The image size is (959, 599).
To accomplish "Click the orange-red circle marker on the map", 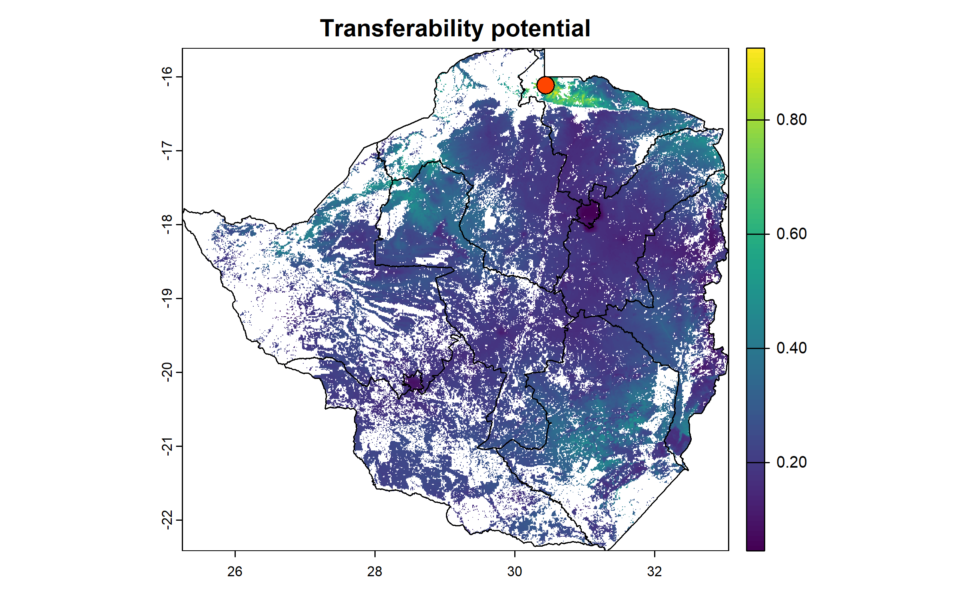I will coord(545,85).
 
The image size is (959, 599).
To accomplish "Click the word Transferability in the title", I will coord(402,29).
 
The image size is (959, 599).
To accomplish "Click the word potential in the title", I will coord(541,29).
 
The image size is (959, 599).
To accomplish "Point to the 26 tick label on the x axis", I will coord(235,571).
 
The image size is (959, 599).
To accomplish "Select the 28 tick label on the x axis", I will coord(375,571).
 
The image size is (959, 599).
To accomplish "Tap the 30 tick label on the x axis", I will coord(515,571).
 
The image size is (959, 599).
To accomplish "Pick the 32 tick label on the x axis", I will coord(655,571).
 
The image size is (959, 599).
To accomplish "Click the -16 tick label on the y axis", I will coord(167,77).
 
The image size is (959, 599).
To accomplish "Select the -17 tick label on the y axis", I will coord(167,151).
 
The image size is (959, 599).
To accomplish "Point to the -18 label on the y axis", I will coord(167,224).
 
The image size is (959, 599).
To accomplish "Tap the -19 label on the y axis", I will coord(167,298).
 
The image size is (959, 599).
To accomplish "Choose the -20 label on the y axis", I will coord(167,372).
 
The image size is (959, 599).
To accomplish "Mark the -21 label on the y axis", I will coord(167,446).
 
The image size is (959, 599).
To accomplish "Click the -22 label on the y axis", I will coord(167,520).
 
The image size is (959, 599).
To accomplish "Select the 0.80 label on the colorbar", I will coord(791,120).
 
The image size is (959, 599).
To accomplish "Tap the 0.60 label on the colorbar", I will coord(791,234).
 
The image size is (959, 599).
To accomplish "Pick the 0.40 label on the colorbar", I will coord(791,348).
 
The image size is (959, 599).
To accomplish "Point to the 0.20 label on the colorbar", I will coord(791,462).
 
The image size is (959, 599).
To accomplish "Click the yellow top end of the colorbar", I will coord(755,52).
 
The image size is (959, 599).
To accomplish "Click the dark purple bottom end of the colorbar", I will coord(755,547).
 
